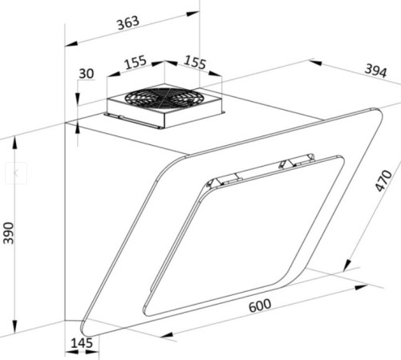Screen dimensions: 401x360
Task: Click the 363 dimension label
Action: (x=128, y=22)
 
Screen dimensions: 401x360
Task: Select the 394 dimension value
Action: (x=376, y=71)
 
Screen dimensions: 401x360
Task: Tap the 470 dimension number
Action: (x=383, y=180)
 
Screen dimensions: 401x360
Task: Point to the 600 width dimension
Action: (x=260, y=305)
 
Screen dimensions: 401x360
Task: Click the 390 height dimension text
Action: (x=9, y=233)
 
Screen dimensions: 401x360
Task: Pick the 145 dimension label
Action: (x=82, y=343)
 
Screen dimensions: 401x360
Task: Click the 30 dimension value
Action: (x=87, y=74)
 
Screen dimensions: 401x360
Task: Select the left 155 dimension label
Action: (x=136, y=63)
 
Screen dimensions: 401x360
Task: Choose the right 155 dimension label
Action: (x=196, y=63)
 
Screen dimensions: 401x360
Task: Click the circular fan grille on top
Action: (x=162, y=99)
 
